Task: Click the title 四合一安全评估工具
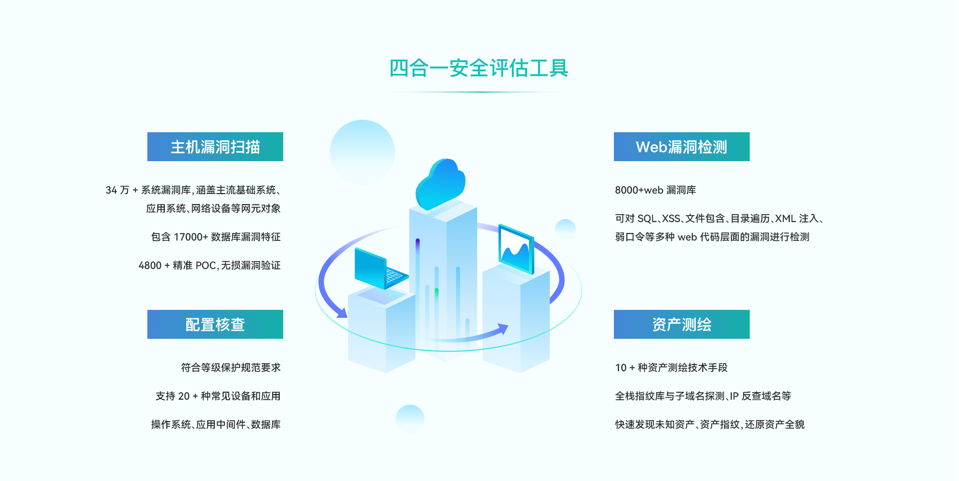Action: click(479, 68)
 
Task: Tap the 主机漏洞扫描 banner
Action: click(215, 147)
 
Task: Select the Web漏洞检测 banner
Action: click(681, 147)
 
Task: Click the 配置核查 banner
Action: click(215, 324)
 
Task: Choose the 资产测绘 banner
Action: click(681, 324)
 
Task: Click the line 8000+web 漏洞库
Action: click(655, 190)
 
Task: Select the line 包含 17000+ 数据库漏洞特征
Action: click(216, 237)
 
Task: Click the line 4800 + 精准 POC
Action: click(209, 265)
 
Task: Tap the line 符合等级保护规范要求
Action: click(231, 368)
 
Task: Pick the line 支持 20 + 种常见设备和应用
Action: click(218, 396)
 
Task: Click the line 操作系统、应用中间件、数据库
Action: click(216, 425)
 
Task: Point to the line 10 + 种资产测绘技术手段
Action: click(671, 368)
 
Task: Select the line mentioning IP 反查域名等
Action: click(703, 396)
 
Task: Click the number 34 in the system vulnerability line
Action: click(111, 190)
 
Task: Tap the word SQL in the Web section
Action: click(647, 219)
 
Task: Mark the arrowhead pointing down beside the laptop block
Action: click(342, 313)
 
